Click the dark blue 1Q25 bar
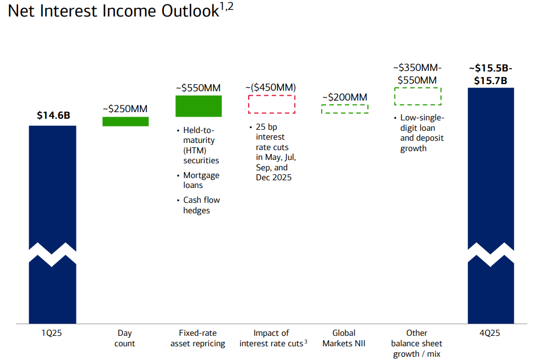tap(52, 191)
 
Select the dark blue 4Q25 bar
tap(491, 170)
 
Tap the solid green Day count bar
tap(126, 121)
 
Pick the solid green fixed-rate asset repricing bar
tap(199, 106)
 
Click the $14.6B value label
tap(53, 115)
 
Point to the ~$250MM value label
tap(125, 109)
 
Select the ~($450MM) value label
tap(271, 87)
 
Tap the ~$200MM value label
tap(345, 97)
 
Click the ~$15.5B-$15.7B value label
tap(491, 74)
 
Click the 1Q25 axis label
tap(52, 333)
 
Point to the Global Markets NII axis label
tap(344, 338)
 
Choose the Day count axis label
tap(125, 338)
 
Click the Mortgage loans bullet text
tap(201, 180)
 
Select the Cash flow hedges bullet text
tap(202, 205)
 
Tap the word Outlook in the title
tap(190, 11)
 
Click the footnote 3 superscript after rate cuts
tap(306, 341)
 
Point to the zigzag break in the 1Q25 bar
tap(52, 255)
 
